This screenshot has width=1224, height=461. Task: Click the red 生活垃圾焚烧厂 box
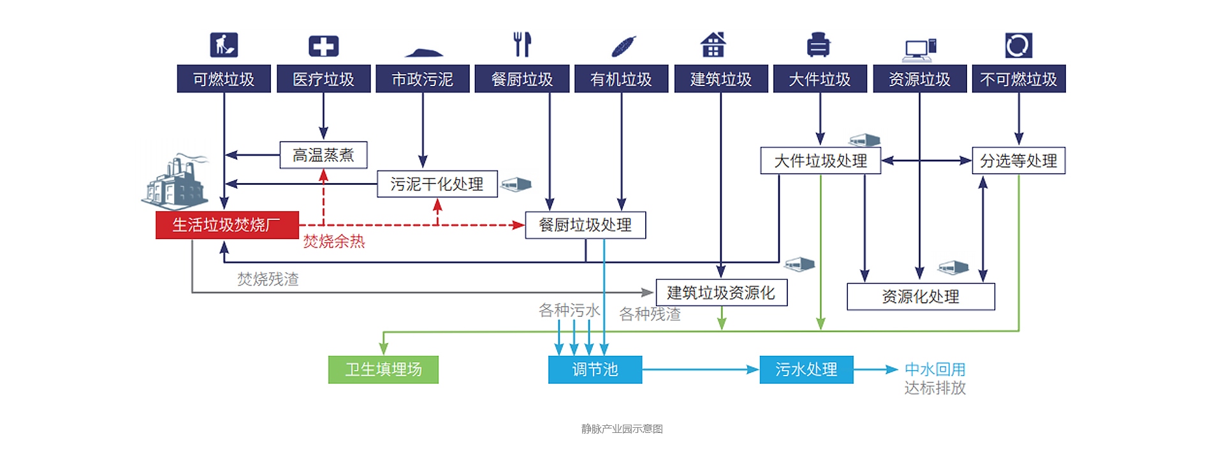[227, 225]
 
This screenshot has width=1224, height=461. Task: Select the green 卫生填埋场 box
[383, 370]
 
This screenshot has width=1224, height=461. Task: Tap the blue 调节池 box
[595, 370]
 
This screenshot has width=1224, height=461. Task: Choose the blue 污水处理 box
[806, 370]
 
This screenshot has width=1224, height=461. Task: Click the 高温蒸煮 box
[323, 155]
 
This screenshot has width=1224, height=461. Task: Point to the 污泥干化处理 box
[437, 184]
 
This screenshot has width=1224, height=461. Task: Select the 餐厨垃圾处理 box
[585, 225]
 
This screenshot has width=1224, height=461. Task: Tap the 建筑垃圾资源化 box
[721, 293]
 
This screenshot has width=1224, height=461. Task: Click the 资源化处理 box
[920, 296]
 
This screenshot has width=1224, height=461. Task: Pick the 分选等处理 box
[1018, 161]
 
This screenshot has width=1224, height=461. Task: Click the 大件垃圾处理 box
[820, 161]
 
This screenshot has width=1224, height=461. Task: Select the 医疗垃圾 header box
[323, 79]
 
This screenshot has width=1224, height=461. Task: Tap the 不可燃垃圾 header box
[1018, 79]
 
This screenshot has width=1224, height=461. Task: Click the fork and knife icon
[522, 45]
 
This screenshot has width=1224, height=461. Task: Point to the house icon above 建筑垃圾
[713, 45]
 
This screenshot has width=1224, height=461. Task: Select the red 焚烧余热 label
[333, 242]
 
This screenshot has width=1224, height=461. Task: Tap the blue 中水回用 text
[935, 369]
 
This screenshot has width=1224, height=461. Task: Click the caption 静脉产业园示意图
[622, 429]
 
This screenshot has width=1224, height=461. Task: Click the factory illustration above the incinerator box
[175, 182]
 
